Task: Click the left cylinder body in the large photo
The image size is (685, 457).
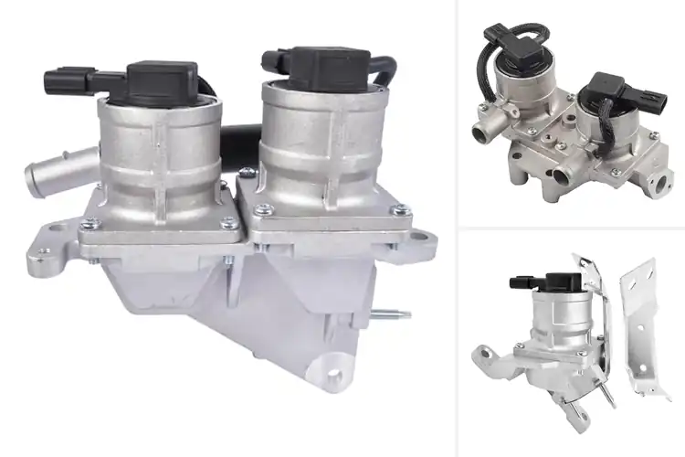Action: (163, 155)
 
